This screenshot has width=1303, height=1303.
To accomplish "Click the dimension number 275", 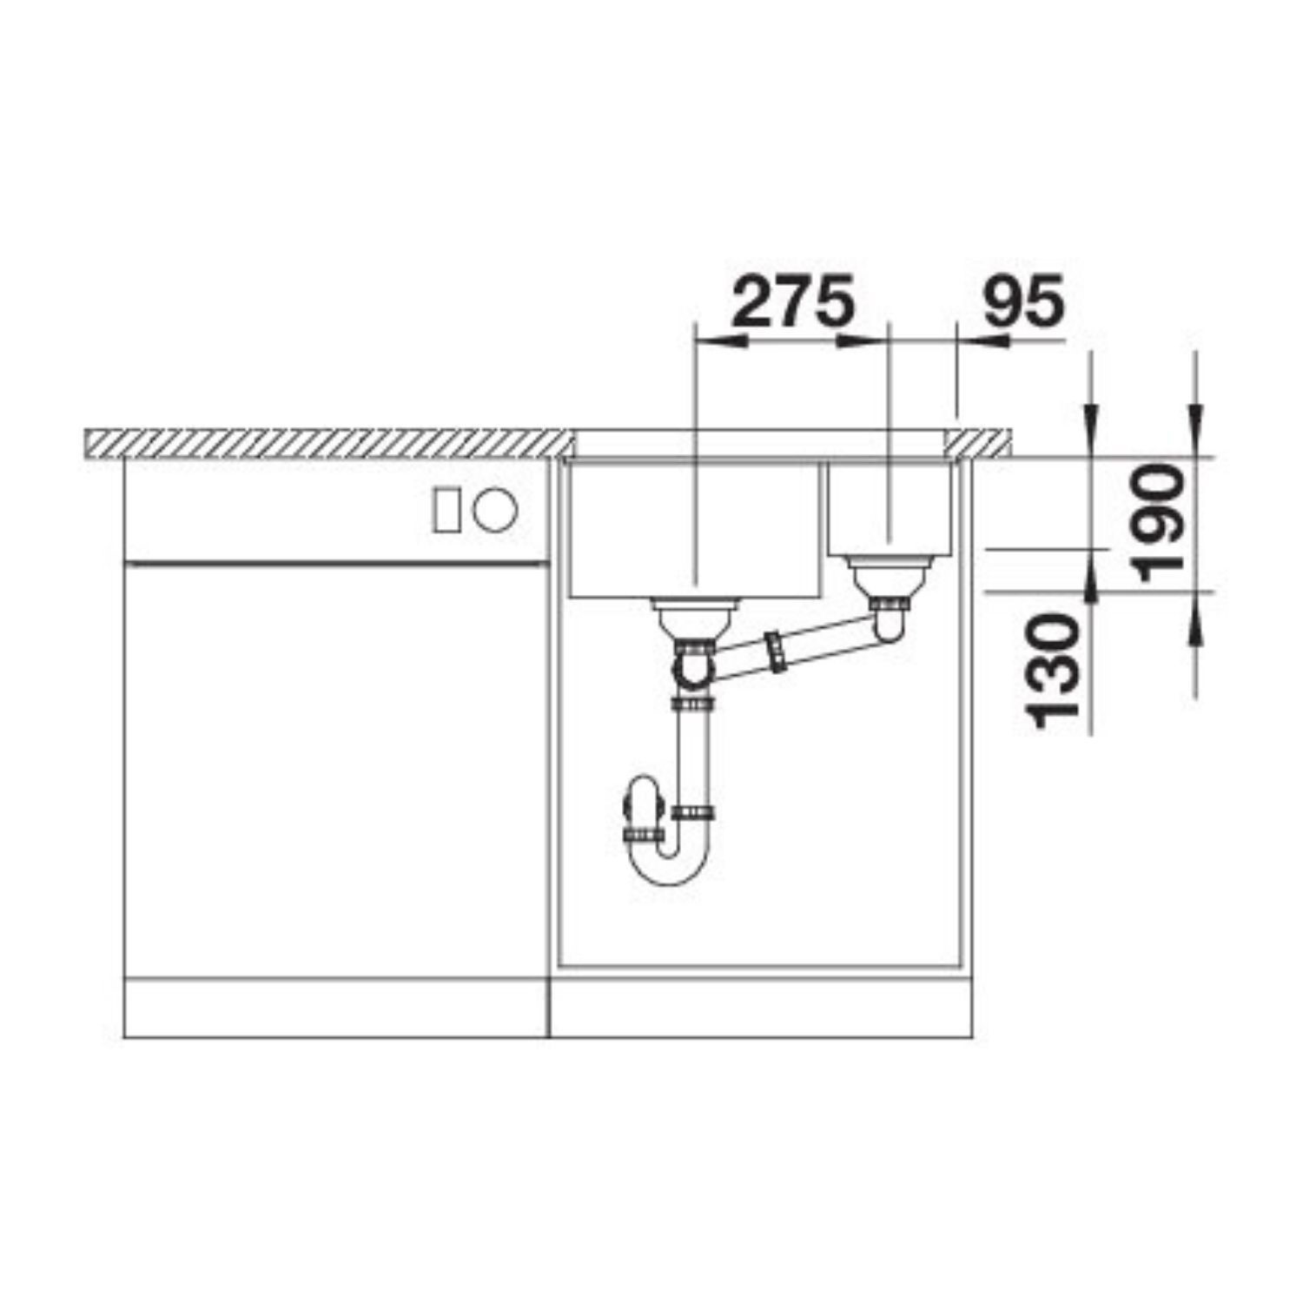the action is click(794, 301).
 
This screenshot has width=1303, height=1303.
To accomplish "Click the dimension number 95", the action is click(1022, 301).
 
